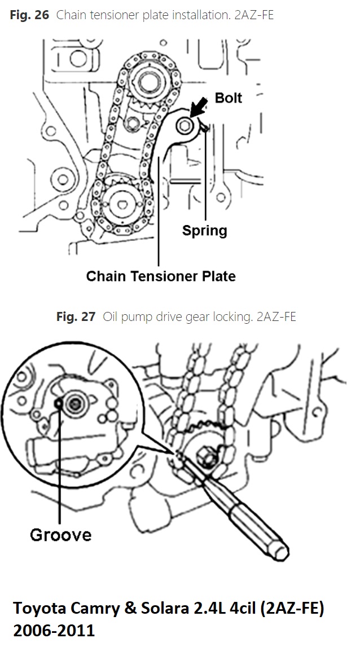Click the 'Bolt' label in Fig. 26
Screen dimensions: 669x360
[228, 98]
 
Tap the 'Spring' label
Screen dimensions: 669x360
[204, 231]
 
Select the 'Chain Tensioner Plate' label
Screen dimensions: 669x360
[161, 276]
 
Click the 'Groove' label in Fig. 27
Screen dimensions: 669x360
[60, 534]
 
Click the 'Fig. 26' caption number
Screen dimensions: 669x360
[29, 15]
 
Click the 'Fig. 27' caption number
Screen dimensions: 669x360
[76, 317]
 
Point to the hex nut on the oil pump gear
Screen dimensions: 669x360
[206, 455]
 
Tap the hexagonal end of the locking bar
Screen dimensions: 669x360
[280, 550]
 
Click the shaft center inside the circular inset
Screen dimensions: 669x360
[74, 404]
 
